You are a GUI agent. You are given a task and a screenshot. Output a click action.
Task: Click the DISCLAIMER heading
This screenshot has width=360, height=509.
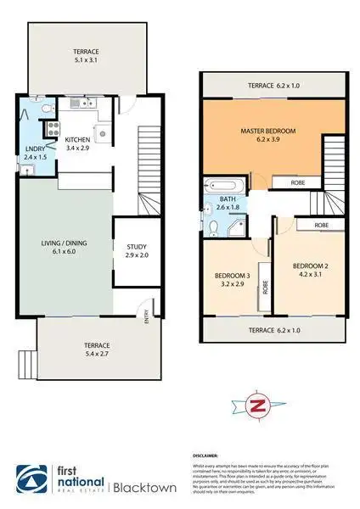click(208, 456)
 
